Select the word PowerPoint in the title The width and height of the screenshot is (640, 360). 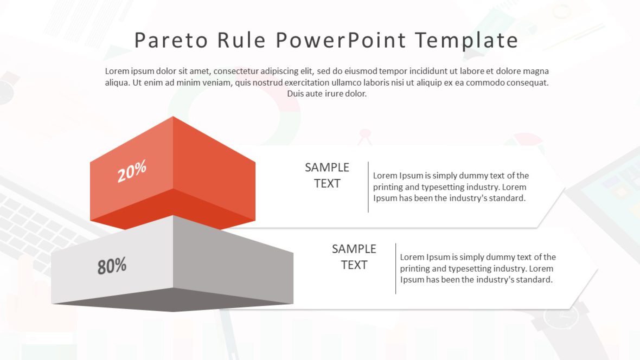[x=341, y=41]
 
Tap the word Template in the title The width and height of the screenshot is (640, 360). [x=466, y=41]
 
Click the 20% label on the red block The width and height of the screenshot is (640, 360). [x=132, y=171]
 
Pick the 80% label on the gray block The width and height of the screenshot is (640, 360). [x=112, y=266]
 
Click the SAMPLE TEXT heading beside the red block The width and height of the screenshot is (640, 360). [x=327, y=175]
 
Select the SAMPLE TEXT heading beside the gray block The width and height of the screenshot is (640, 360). [x=354, y=256]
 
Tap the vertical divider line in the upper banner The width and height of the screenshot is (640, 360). [x=368, y=187]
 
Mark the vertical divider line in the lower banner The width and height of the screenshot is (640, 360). [x=395, y=268]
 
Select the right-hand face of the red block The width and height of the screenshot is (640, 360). [x=214, y=163]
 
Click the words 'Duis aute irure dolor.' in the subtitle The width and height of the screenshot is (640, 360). [x=327, y=94]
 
